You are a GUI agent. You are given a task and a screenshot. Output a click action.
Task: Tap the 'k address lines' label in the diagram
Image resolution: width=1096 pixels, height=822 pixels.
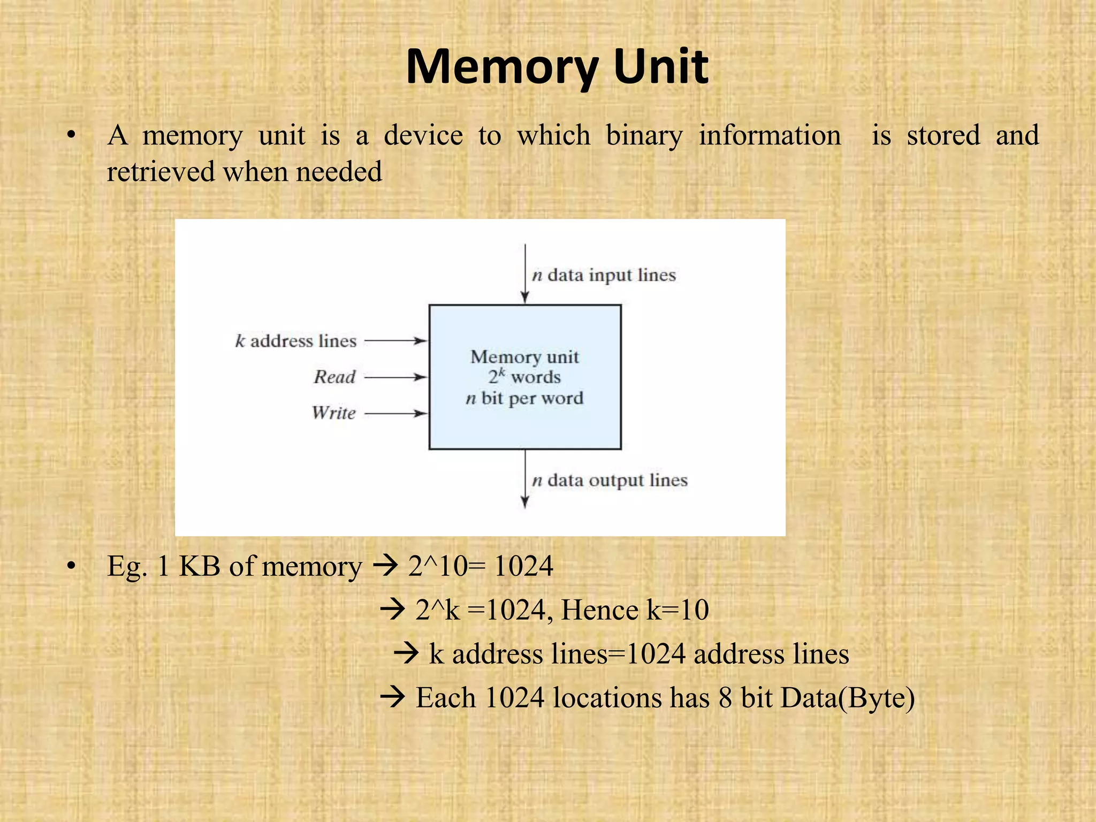[296, 341]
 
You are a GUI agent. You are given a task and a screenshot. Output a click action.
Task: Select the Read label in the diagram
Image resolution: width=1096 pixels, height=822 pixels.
[334, 377]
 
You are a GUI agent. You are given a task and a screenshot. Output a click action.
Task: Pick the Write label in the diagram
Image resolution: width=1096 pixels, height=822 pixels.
[333, 413]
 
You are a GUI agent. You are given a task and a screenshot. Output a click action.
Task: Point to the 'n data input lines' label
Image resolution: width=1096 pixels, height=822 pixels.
[604, 275]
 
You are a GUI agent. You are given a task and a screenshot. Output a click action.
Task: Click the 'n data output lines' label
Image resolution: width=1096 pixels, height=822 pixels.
[610, 480]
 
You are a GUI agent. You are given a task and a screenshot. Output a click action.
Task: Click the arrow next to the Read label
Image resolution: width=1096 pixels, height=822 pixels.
[395, 377]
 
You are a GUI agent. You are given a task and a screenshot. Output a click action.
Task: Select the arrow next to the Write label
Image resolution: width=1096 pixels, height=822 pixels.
[395, 413]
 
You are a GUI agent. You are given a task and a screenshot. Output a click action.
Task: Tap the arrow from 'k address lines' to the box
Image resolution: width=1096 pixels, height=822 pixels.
[395, 340]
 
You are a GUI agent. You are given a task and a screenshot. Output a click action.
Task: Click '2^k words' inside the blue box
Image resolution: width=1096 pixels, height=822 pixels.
[524, 377]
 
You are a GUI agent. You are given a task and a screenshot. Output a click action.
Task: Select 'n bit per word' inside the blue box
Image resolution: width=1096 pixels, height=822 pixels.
[524, 398]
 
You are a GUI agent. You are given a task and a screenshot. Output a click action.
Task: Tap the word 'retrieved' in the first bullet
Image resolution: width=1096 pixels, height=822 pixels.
[160, 172]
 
